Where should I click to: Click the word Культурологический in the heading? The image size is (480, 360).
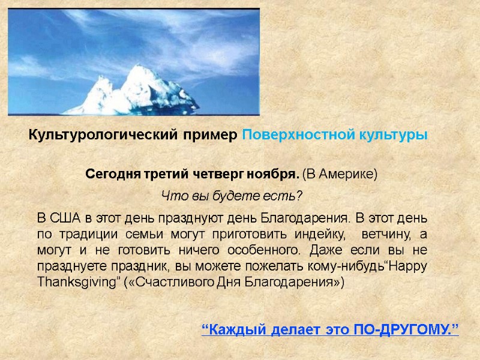tap(102, 136)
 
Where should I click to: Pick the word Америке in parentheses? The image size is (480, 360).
tap(347, 175)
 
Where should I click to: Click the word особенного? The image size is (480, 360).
tap(231, 249)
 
